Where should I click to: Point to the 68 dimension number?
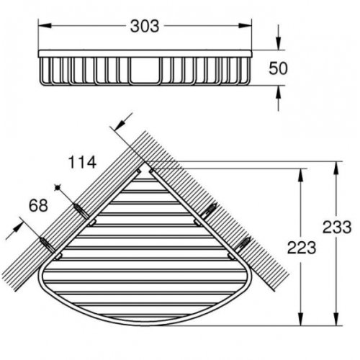(x=38, y=206)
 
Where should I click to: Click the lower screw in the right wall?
(x=245, y=243)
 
